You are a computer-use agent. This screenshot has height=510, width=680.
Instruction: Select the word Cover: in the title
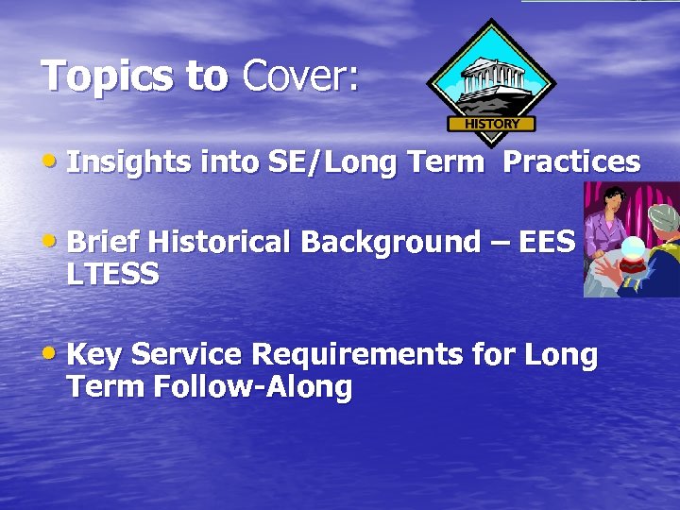point(301,76)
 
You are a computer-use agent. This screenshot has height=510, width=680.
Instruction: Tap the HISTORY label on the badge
point(491,124)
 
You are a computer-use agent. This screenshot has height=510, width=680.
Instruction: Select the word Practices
point(571,162)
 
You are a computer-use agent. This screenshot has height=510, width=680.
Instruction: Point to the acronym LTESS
point(113,275)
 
